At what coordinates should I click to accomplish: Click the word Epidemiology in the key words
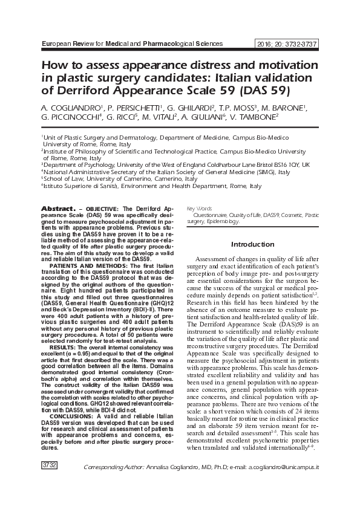pos(224,221)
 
